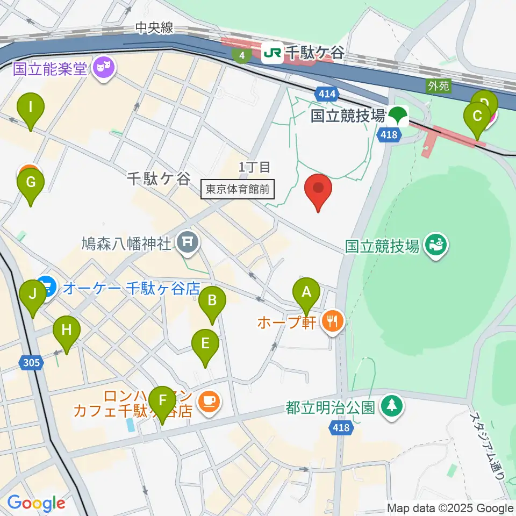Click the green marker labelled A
coord(306,292)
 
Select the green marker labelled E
coord(205,343)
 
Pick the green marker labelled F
coord(162,401)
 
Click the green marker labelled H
coord(67,331)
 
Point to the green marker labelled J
coord(33,295)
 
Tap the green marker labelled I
coord(31,107)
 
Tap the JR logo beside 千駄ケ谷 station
coord(272,54)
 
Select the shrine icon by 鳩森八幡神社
coord(188,243)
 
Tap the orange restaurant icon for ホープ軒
coord(333,322)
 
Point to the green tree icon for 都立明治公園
coord(391,407)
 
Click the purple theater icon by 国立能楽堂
coord(103,68)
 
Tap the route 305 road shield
coord(31,363)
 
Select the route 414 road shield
coord(327,95)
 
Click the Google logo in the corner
coord(36,504)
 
